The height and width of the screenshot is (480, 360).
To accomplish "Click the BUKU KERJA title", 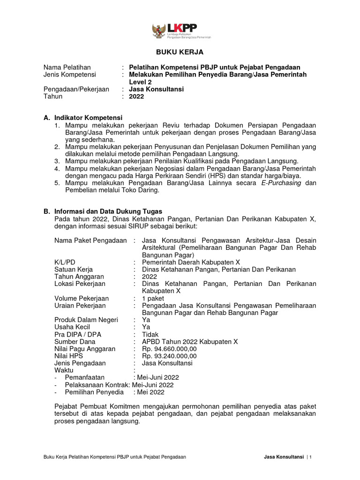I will click(x=180, y=52).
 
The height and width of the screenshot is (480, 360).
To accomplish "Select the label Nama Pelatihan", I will click(x=67, y=67).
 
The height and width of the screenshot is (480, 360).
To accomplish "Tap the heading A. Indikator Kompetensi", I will click(x=82, y=117).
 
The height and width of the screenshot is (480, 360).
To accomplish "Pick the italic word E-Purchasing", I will click(x=281, y=183).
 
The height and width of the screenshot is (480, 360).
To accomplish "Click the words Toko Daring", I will click(x=143, y=190).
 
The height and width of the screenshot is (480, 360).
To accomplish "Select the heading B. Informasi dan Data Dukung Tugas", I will click(x=103, y=211).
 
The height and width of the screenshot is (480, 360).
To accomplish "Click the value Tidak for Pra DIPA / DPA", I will click(x=150, y=334).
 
